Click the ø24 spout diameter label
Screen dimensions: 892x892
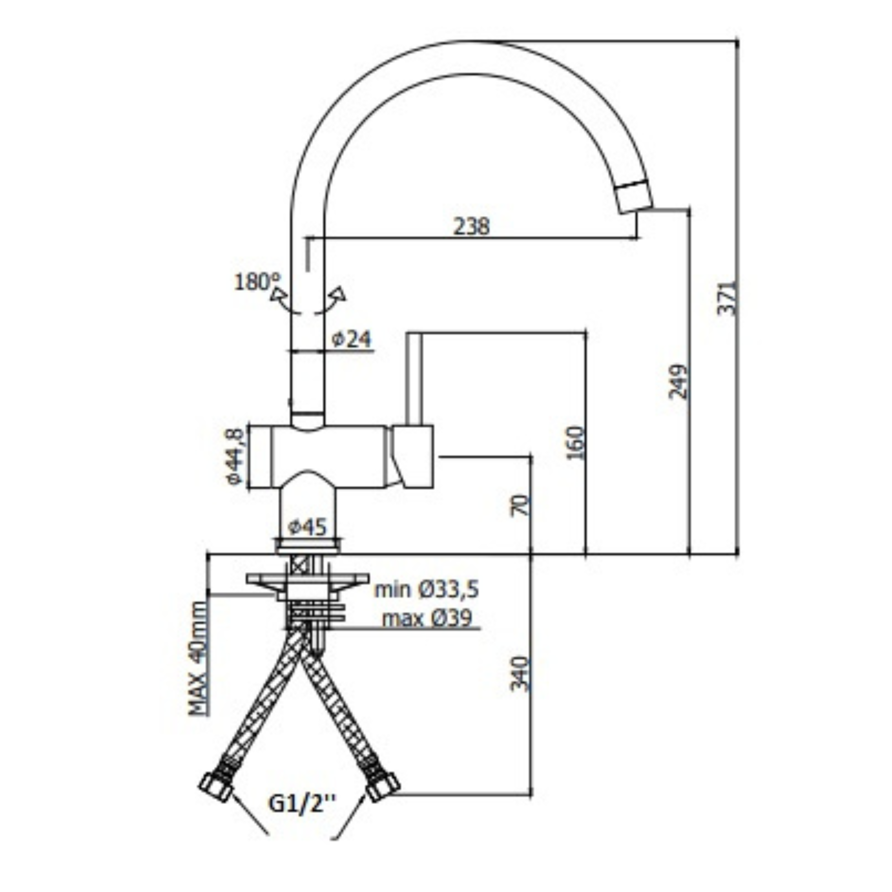click(x=351, y=339)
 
